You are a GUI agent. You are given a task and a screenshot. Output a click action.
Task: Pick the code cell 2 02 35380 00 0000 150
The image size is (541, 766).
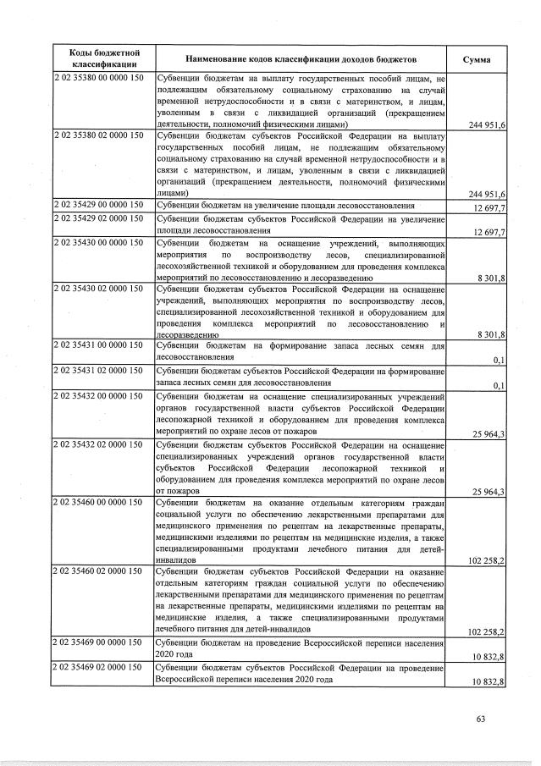tap(99, 78)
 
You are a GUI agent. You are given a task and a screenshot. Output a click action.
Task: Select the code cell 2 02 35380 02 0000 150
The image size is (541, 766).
tap(99, 135)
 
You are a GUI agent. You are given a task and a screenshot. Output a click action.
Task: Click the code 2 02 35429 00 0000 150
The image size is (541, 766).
tap(99, 205)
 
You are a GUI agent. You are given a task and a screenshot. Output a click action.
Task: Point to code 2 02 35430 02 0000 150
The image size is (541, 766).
tap(99, 289)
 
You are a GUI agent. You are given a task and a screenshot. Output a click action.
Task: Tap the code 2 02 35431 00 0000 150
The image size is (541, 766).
tap(99, 345)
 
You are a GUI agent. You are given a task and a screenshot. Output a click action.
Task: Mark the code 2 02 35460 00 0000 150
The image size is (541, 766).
tap(99, 502)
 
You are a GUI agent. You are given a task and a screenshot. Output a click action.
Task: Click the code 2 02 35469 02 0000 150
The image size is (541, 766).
tap(99, 667)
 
